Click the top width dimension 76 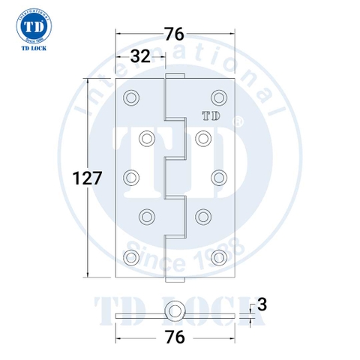175,34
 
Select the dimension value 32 141,56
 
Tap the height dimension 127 87,178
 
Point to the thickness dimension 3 262,305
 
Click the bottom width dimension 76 175,337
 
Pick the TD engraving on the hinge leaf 211,116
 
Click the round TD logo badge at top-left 34,25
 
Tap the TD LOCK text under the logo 34,48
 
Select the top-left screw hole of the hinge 131,97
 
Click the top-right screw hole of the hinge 219,97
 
